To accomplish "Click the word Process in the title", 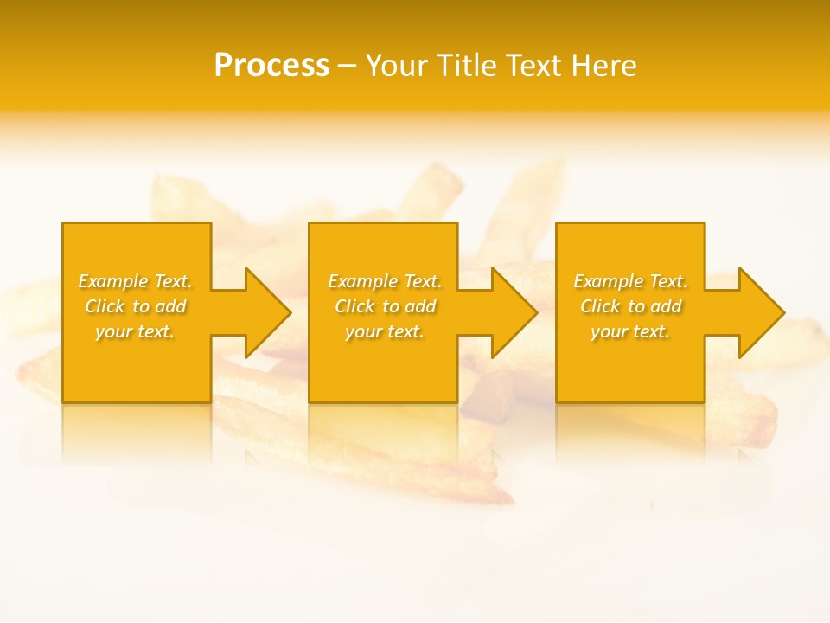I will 271,66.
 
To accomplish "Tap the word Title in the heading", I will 468,66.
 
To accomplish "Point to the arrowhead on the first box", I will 267,312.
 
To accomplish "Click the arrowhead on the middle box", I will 514,312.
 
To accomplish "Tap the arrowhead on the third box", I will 761,312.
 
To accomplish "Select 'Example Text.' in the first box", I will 136,281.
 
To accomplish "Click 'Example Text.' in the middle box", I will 385,281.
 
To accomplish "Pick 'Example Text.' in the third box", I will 630,281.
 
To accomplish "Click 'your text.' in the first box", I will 136,331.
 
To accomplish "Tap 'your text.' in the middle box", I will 385,331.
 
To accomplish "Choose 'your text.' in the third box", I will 630,331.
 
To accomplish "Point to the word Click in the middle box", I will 354,306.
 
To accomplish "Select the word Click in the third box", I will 600,306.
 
